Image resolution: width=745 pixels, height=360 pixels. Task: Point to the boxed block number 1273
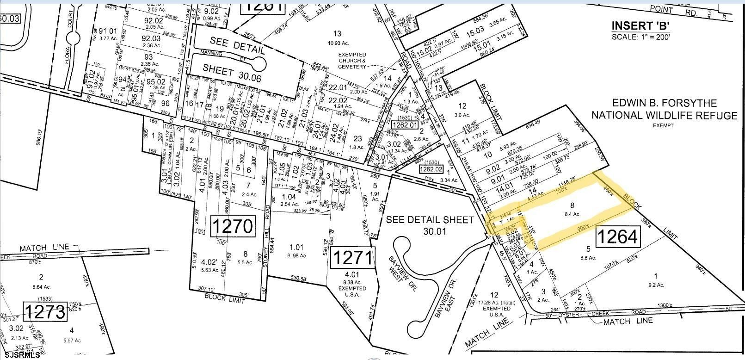point(45,311)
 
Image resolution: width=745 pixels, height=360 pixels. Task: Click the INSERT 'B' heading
point(641,25)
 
